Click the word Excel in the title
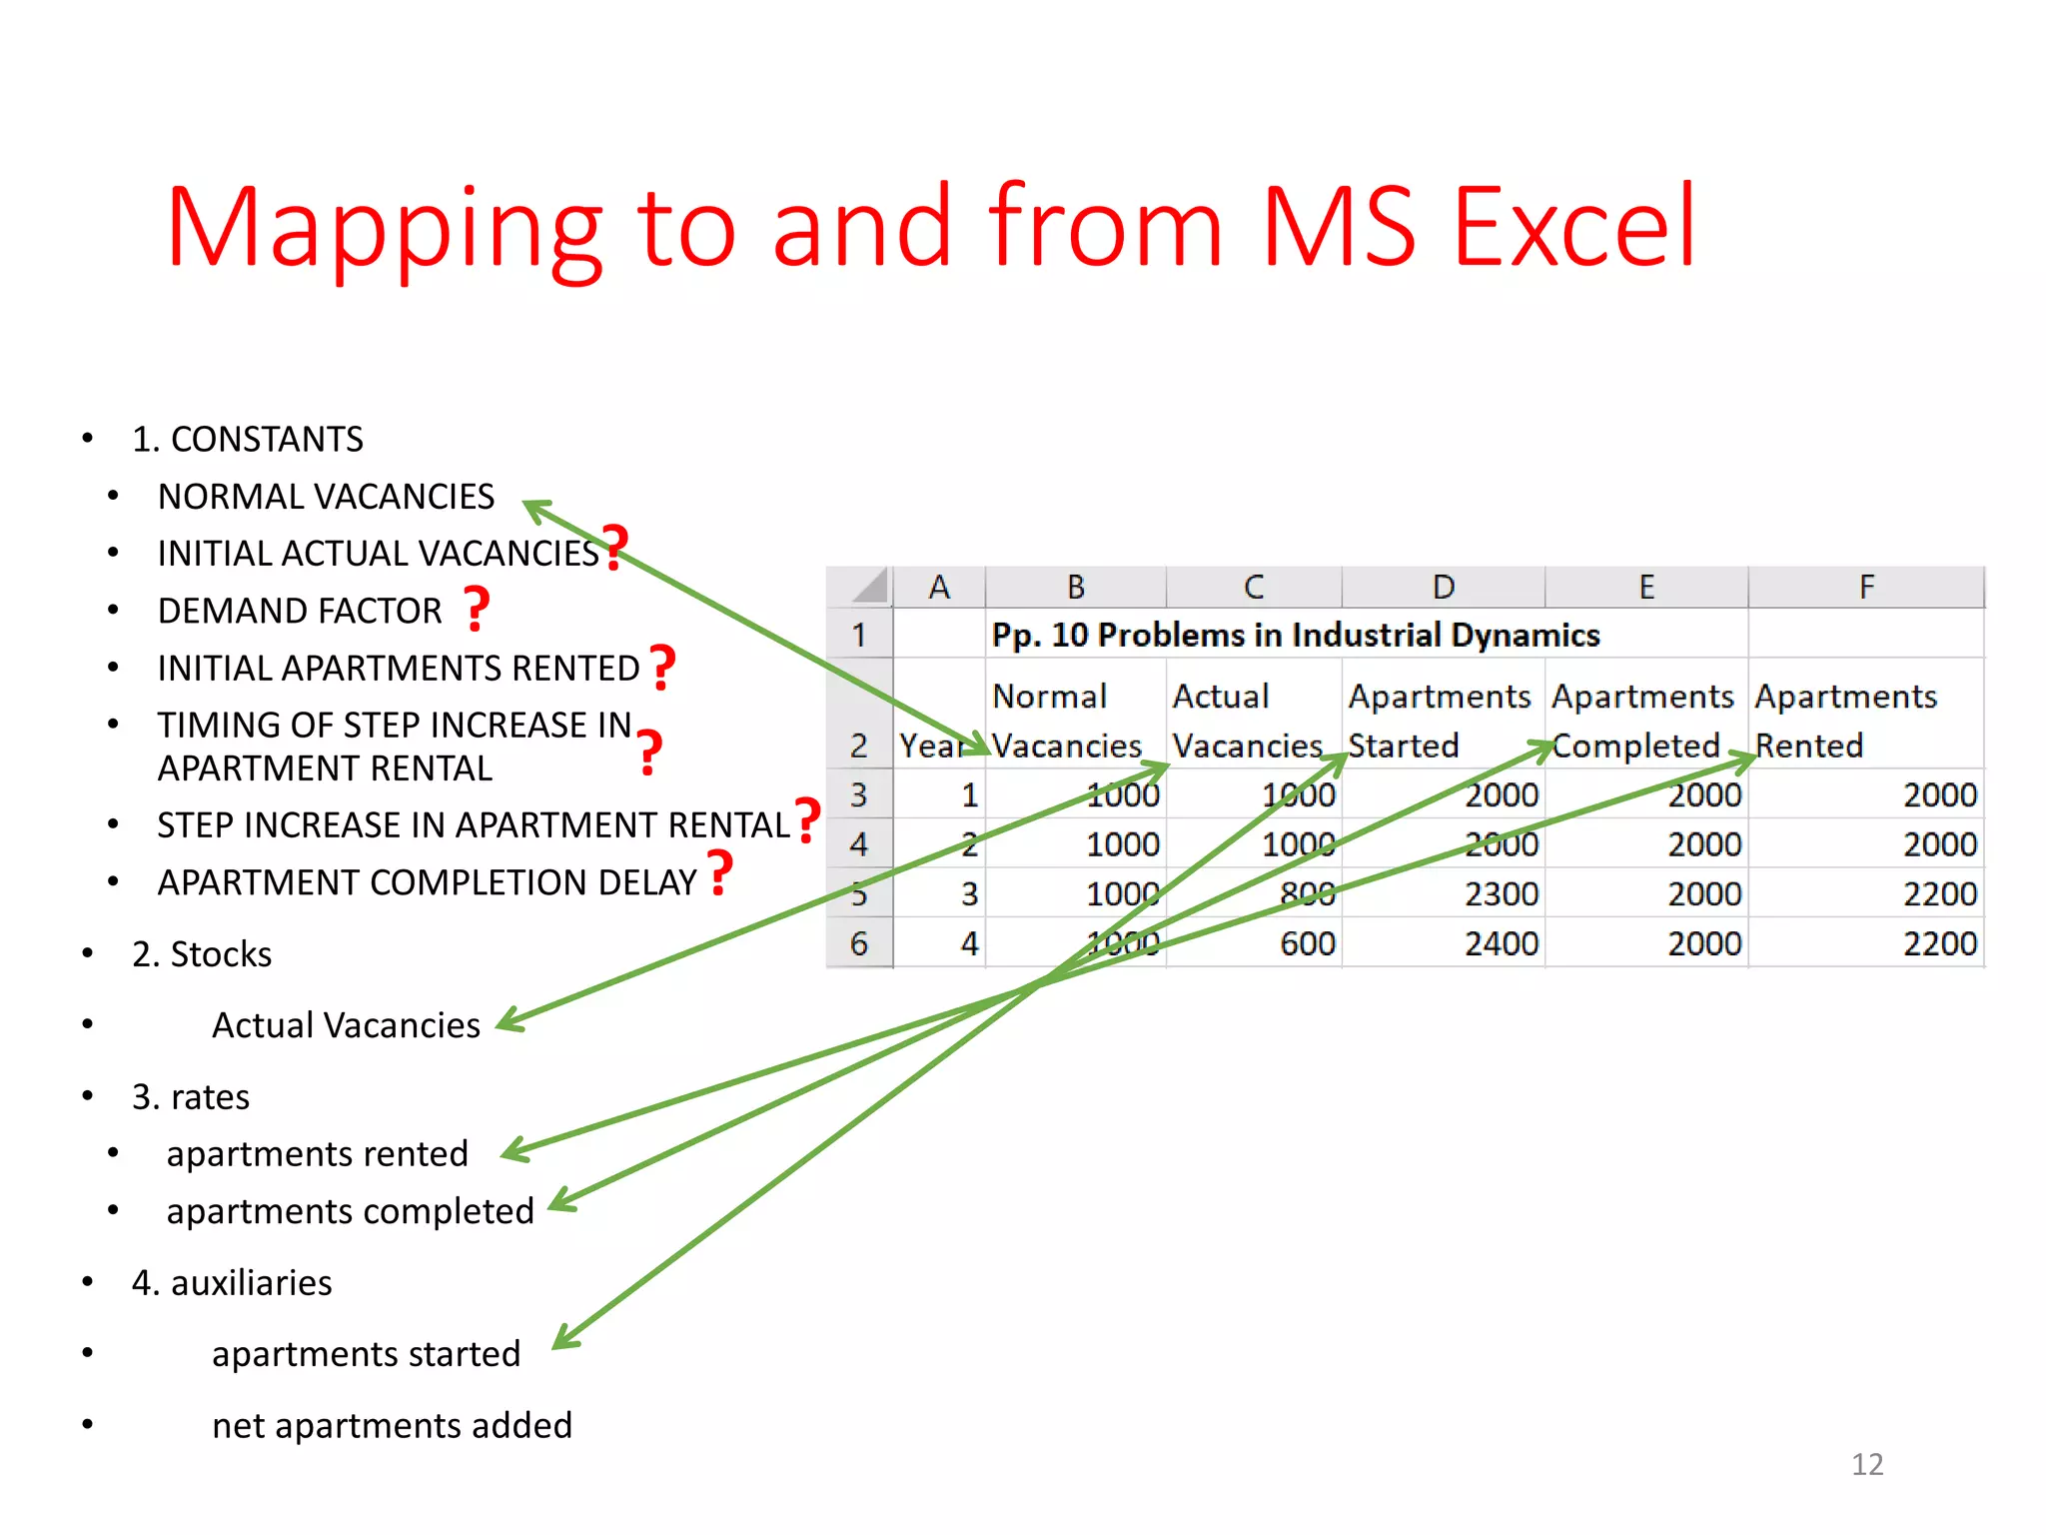point(1574,228)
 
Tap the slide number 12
point(1866,1464)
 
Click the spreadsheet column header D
point(1443,588)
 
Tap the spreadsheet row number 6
point(858,943)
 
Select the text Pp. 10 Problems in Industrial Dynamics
point(1295,636)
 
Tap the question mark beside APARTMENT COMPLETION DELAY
point(719,872)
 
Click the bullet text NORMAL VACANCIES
point(326,497)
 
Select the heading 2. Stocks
point(202,954)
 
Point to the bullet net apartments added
point(392,1425)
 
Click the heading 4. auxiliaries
point(232,1282)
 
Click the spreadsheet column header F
point(1865,588)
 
